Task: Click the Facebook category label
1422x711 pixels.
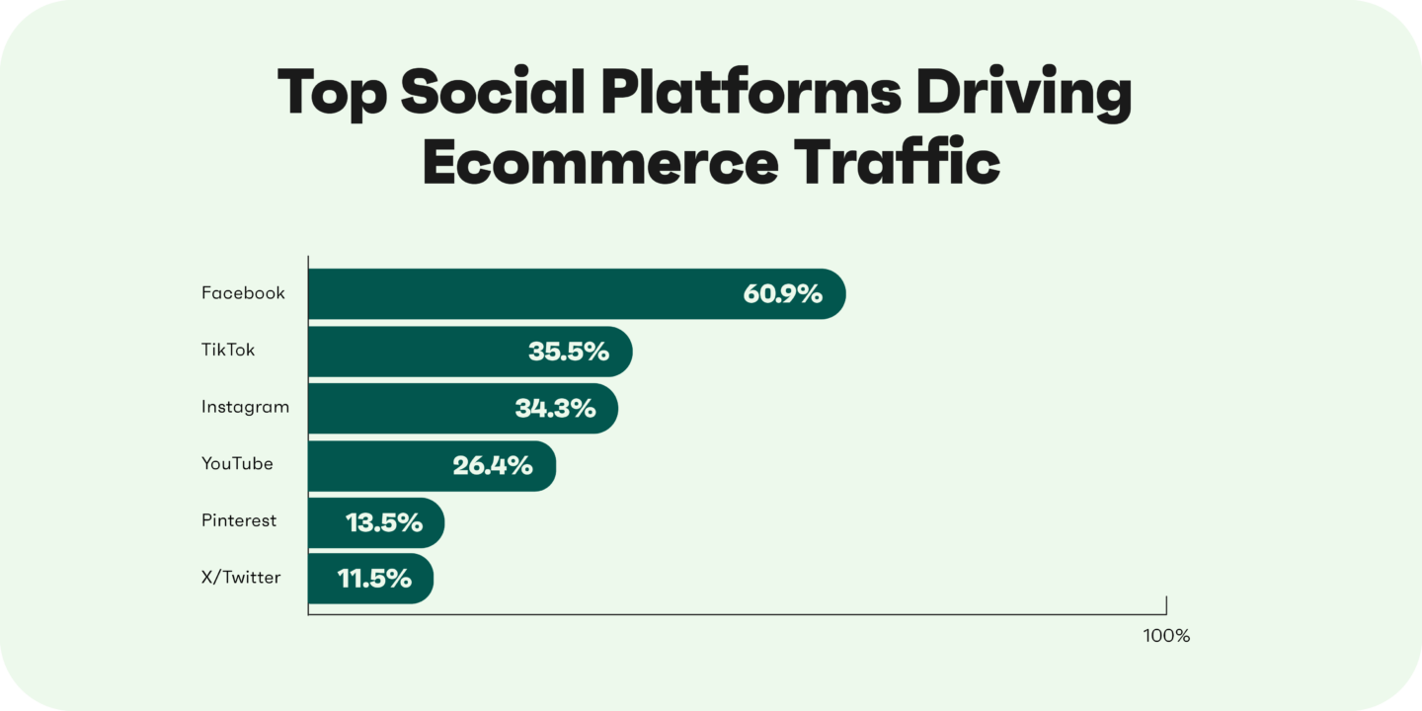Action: click(x=243, y=293)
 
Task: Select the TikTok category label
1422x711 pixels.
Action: click(x=228, y=351)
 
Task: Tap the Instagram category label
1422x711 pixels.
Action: click(x=245, y=407)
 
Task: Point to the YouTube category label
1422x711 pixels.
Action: click(x=237, y=463)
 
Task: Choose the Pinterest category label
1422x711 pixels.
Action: click(x=239, y=520)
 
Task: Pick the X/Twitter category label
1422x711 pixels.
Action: click(x=241, y=578)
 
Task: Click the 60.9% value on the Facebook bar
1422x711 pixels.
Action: click(x=782, y=293)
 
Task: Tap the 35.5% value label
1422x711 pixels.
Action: click(x=568, y=351)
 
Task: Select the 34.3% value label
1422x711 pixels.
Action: click(x=555, y=408)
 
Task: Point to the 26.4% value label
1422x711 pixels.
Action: click(x=493, y=465)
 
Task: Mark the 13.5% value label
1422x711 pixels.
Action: click(x=384, y=522)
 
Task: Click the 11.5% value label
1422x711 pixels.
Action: click(x=374, y=579)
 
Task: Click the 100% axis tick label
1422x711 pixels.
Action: click(x=1166, y=636)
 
